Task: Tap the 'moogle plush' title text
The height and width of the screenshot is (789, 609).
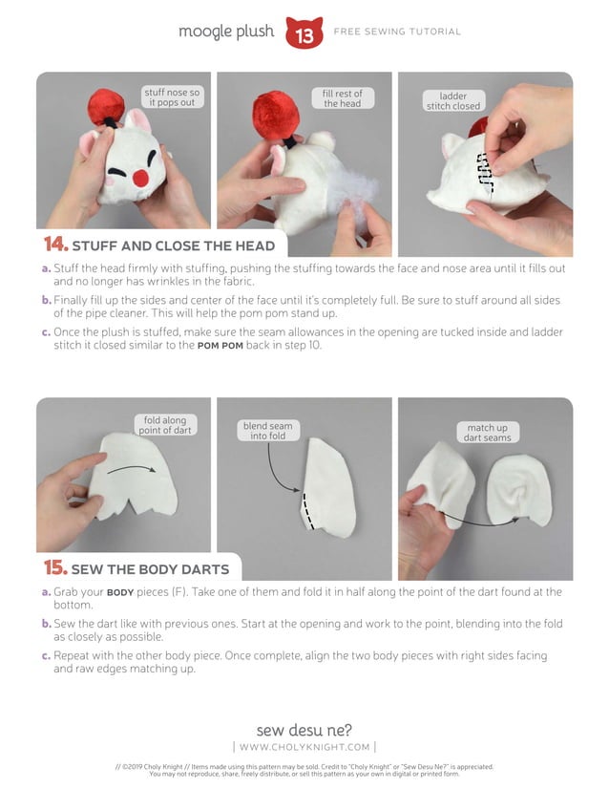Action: pos(227,32)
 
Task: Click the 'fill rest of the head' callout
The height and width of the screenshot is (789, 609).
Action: pos(342,98)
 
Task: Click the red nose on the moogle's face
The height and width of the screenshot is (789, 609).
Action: pos(141,178)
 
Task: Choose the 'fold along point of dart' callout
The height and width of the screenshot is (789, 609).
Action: pos(167,425)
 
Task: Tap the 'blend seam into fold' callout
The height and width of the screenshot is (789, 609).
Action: pos(267,431)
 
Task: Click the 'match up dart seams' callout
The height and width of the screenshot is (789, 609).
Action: pos(487,433)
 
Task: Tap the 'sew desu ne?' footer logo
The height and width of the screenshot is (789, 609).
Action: pos(304,730)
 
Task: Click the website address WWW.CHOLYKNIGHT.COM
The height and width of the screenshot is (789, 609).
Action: pos(304,747)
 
